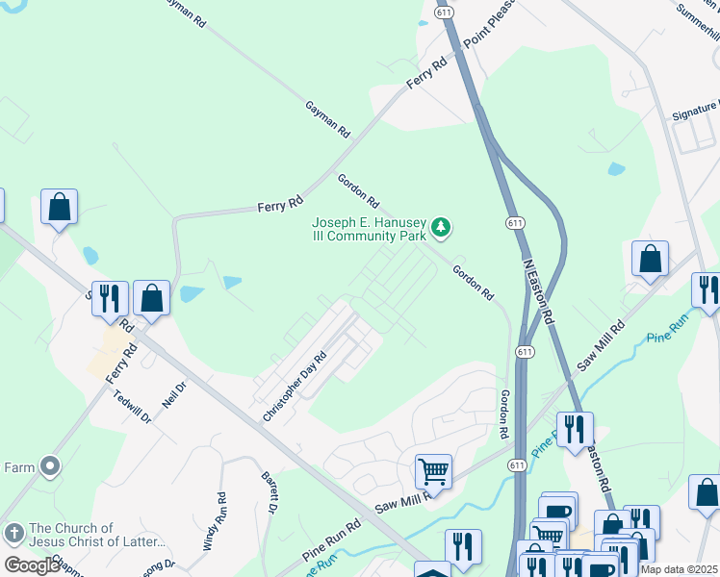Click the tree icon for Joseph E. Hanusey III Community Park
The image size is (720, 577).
tap(442, 228)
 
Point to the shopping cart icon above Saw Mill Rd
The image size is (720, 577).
tap(434, 471)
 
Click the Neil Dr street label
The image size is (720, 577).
tap(173, 394)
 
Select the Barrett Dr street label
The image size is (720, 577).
tap(270, 490)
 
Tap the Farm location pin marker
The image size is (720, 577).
tap(51, 467)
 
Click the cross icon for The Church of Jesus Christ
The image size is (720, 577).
tap(13, 532)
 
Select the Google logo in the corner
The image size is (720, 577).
tap(32, 565)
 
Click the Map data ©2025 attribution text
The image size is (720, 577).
tap(680, 569)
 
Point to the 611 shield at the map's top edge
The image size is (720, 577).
tap(445, 12)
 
